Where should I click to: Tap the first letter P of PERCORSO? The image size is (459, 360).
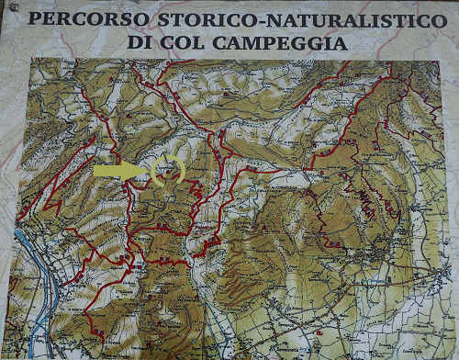click(35, 17)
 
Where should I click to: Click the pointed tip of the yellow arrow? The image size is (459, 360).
click(148, 171)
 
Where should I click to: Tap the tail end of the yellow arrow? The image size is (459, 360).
click(95, 171)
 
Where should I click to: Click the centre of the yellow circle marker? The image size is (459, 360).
click(168, 171)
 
